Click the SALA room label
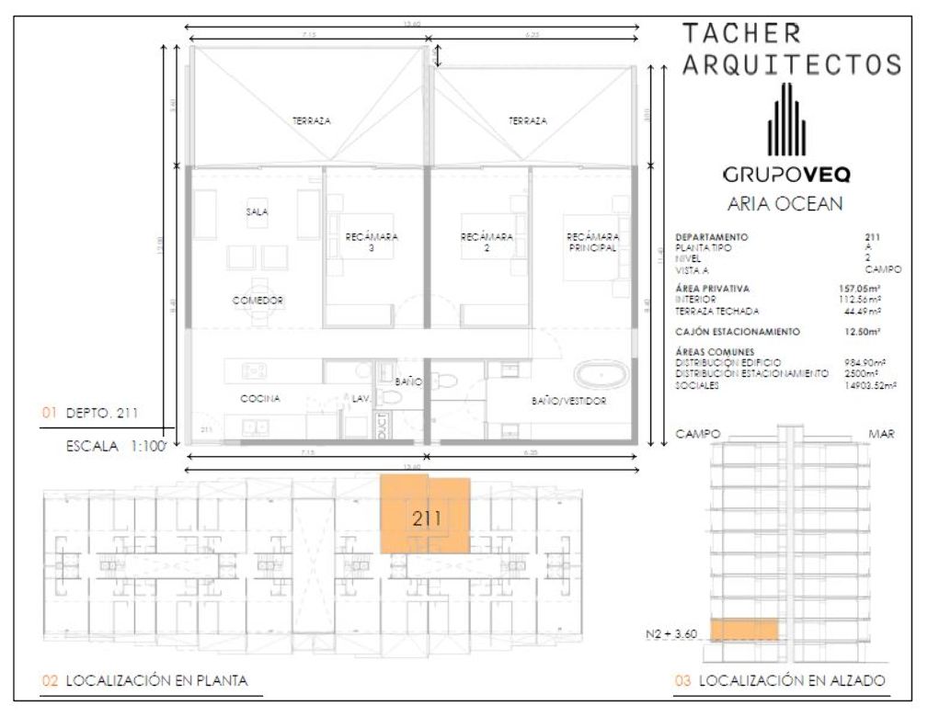click(x=256, y=211)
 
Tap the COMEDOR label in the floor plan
click(x=257, y=301)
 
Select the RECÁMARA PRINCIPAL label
click(x=591, y=242)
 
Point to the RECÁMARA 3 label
click(x=372, y=242)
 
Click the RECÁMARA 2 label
click(x=487, y=242)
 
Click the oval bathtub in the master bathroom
click(x=601, y=376)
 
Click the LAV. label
click(x=361, y=399)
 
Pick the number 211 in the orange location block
click(x=427, y=518)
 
